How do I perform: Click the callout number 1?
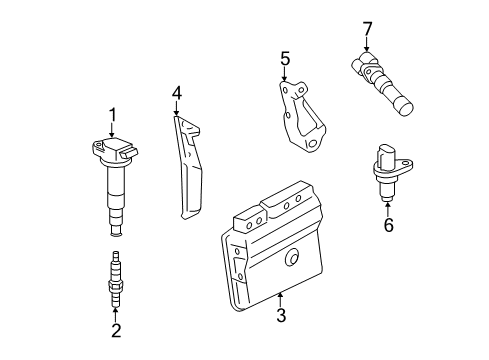113,115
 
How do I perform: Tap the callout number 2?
116,331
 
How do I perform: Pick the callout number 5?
285,60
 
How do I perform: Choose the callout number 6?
388,225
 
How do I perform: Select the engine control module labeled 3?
275,250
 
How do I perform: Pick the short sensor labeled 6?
385,175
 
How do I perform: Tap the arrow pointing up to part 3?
281,299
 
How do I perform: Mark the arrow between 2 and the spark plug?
116,312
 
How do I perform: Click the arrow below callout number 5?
285,76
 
